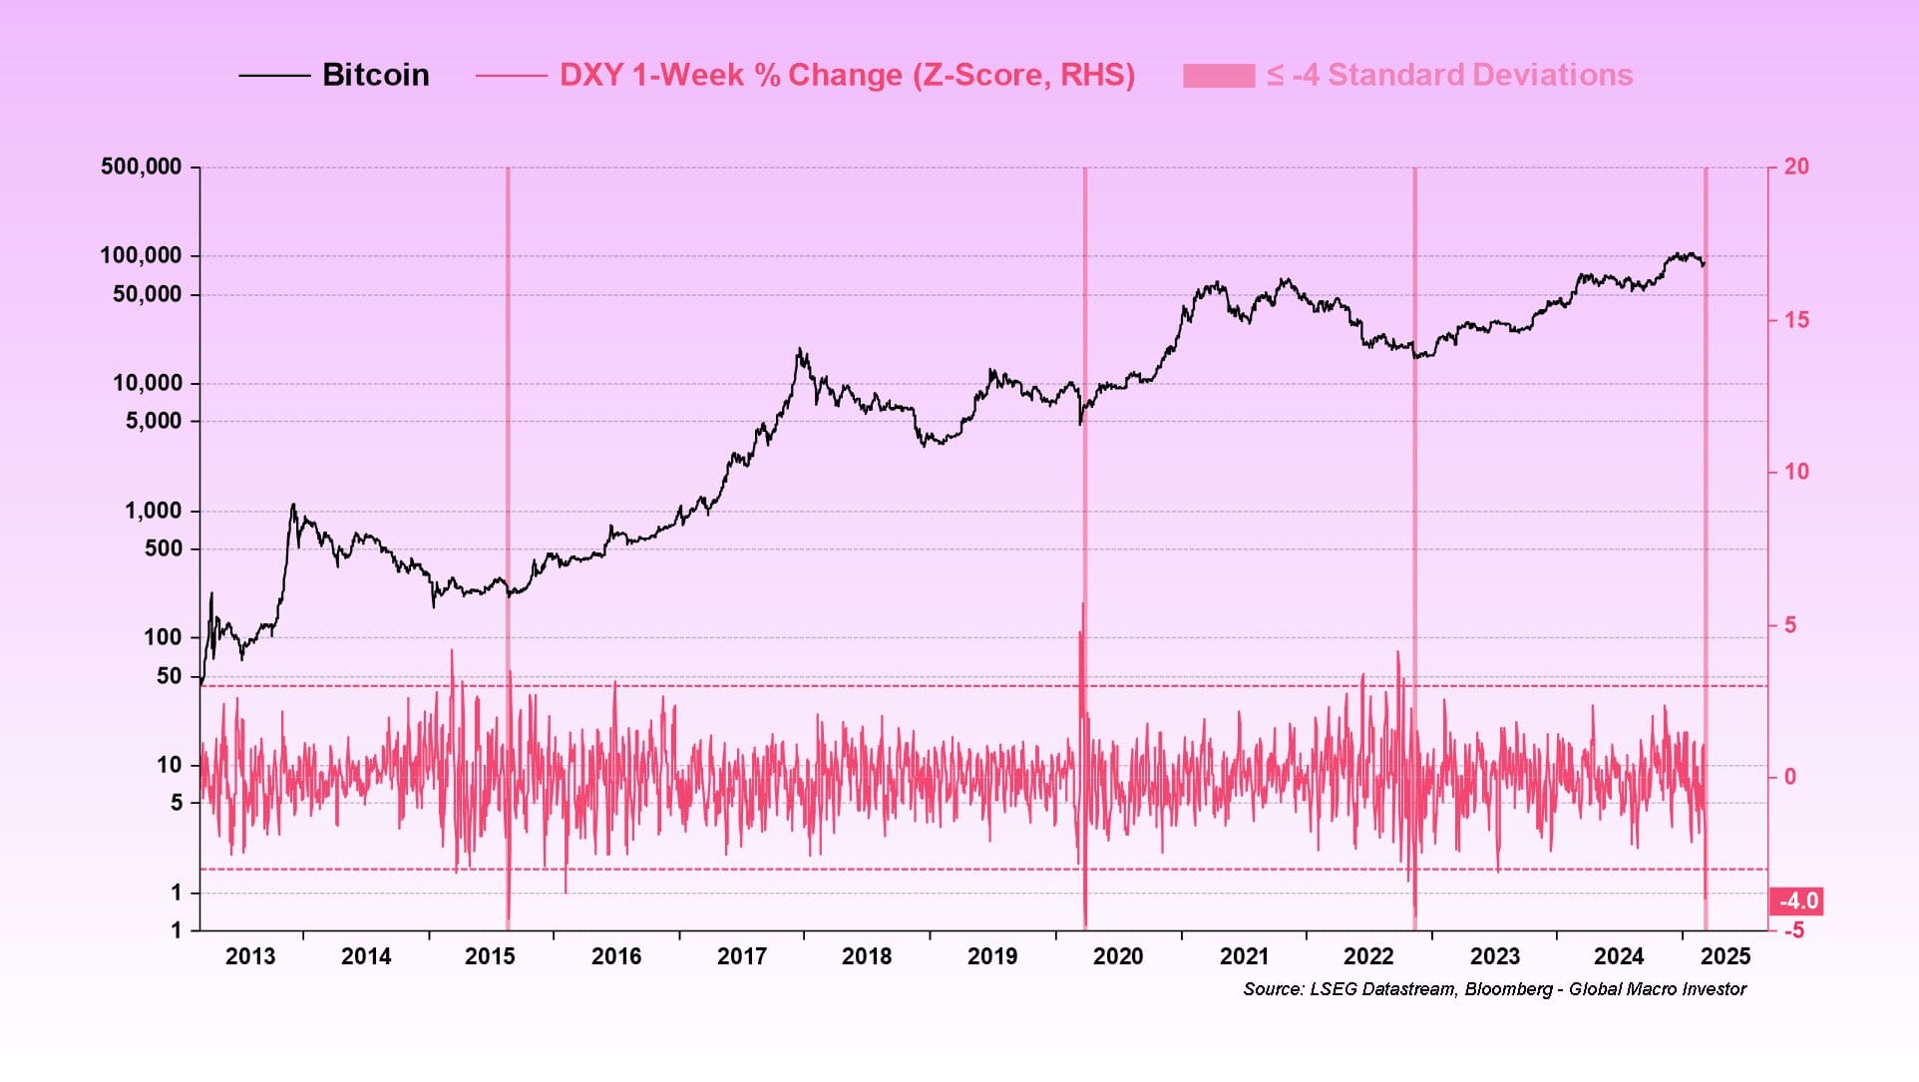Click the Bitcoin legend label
coord(375,75)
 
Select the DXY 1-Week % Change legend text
coord(846,75)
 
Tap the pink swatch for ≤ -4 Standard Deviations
coord(1218,76)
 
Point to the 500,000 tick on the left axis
coord(141,167)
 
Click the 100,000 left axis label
coord(141,255)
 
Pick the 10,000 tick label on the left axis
coord(147,383)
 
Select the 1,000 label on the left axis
coord(153,511)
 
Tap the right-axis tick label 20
coord(1795,167)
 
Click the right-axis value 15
coord(1795,320)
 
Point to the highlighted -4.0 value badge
coord(1798,902)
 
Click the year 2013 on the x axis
coord(249,956)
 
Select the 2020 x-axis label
coord(1117,956)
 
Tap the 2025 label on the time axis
coord(1726,956)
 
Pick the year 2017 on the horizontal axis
coord(741,956)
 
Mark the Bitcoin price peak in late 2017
coord(799,350)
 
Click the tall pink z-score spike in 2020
coord(1083,604)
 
